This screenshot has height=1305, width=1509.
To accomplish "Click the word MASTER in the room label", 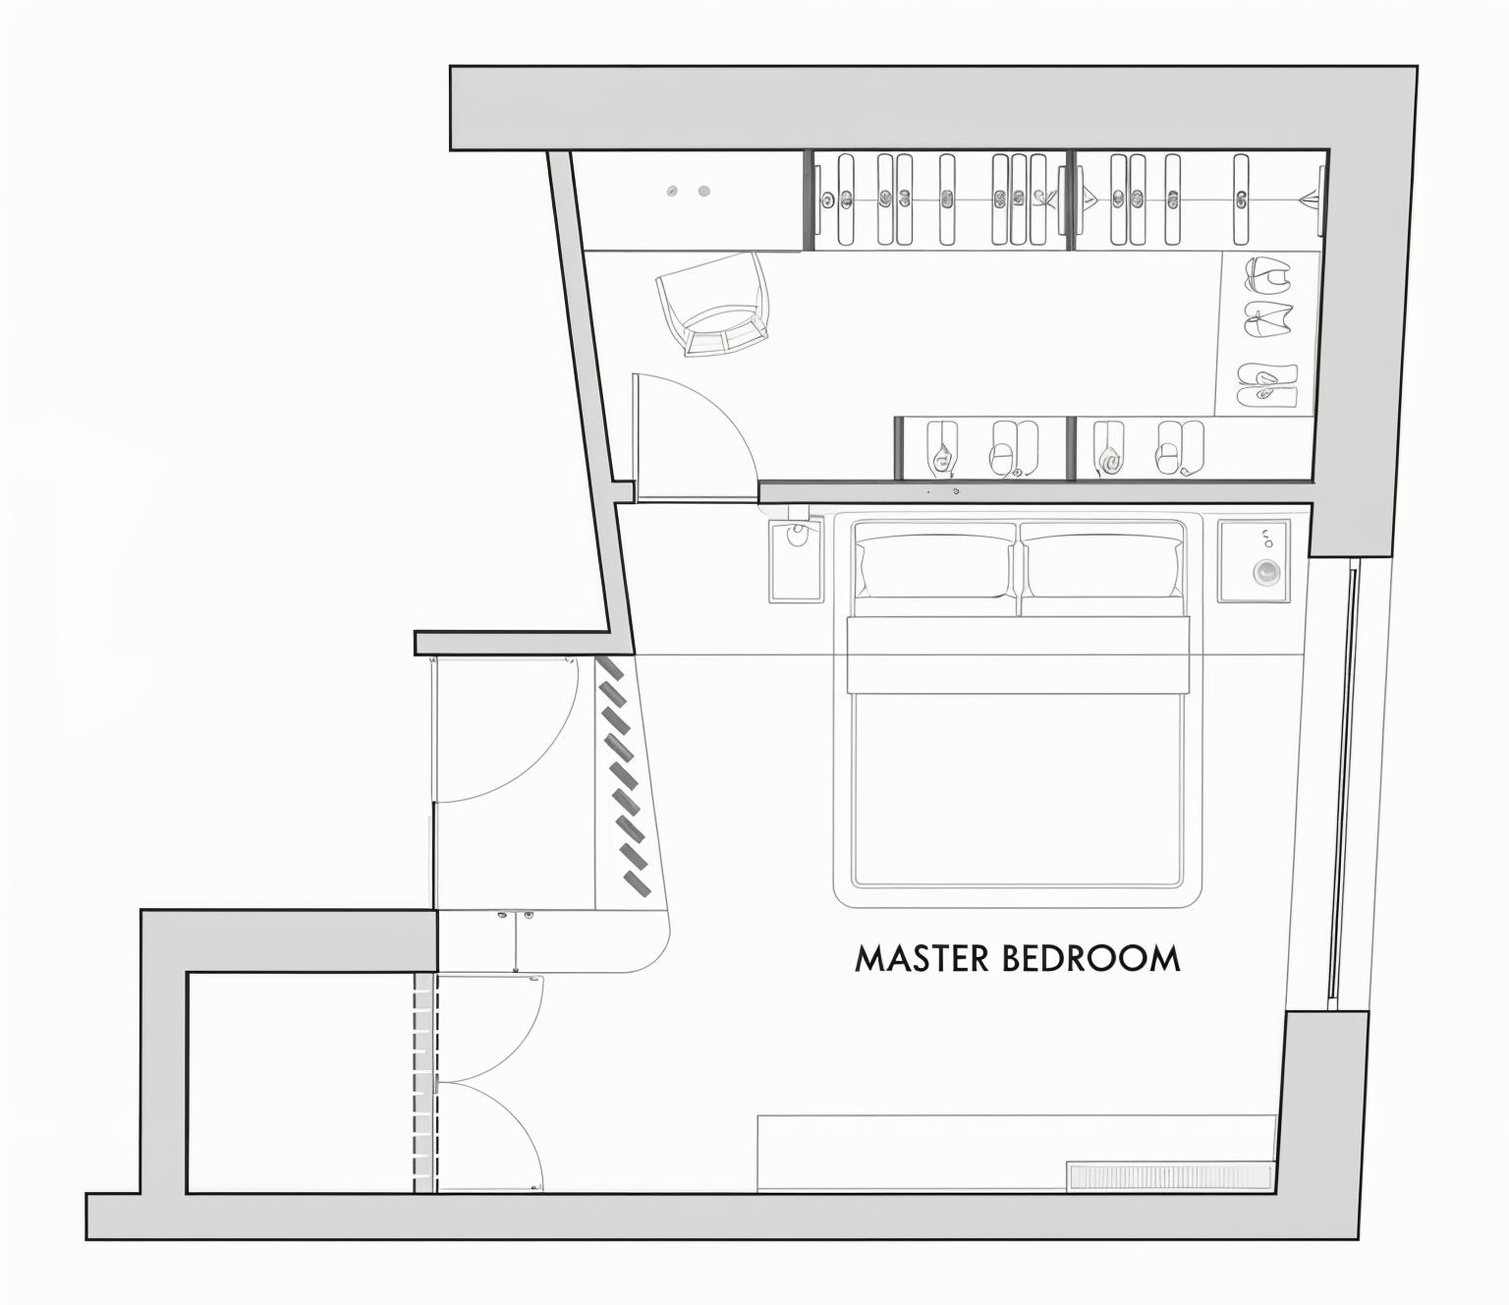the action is point(922,959).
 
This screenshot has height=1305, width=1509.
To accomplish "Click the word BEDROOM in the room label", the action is point(1090,959).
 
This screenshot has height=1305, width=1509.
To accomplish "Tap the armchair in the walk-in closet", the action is point(713,304).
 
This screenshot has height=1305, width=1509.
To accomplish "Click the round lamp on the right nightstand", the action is point(1266,572).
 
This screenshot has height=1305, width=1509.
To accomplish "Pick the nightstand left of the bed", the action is point(796,561).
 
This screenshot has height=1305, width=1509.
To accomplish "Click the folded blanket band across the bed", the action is point(1018,654).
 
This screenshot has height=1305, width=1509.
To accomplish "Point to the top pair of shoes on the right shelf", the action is point(1268,274).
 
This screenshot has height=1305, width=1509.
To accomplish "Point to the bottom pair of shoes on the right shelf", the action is point(1268,385).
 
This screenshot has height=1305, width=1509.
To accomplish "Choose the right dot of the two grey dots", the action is point(703,192).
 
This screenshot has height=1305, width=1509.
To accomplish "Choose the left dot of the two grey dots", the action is point(672,192).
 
